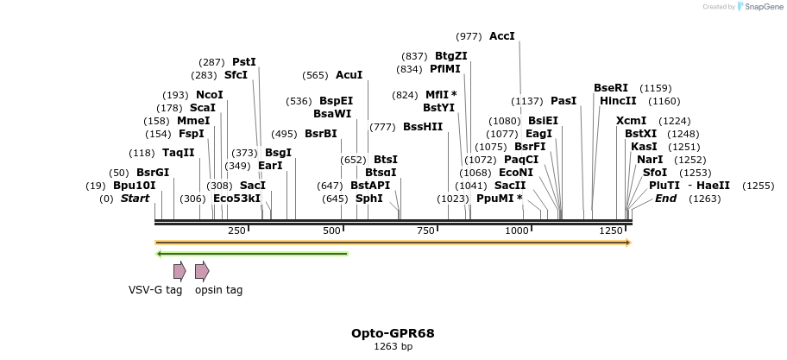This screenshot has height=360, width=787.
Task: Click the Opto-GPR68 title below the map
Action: tap(393, 333)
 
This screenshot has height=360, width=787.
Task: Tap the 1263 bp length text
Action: tap(393, 347)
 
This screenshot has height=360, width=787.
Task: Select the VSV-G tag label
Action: tap(155, 290)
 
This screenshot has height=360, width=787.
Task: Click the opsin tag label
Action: tap(218, 290)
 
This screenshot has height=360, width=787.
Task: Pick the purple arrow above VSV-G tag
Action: tap(179, 271)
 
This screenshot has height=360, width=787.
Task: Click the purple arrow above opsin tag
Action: tap(202, 271)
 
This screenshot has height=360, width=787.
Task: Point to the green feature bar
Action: tap(251, 254)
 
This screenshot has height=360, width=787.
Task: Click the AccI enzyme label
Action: tap(501, 36)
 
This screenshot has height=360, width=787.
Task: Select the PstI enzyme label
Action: tap(244, 62)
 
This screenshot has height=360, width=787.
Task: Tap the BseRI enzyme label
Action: tap(611, 88)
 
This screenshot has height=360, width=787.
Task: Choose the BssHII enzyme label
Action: tap(423, 127)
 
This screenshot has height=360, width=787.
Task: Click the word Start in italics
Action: tap(135, 199)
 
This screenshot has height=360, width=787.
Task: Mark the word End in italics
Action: tap(665, 199)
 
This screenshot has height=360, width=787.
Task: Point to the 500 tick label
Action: tap(332, 231)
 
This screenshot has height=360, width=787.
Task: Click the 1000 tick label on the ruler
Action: tap(517, 231)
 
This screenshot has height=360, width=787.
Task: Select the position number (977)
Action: tap(469, 36)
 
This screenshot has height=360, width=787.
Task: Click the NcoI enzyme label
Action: tap(210, 95)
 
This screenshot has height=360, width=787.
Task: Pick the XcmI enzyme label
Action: tap(631, 121)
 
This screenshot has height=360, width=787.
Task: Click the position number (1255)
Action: tap(758, 186)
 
